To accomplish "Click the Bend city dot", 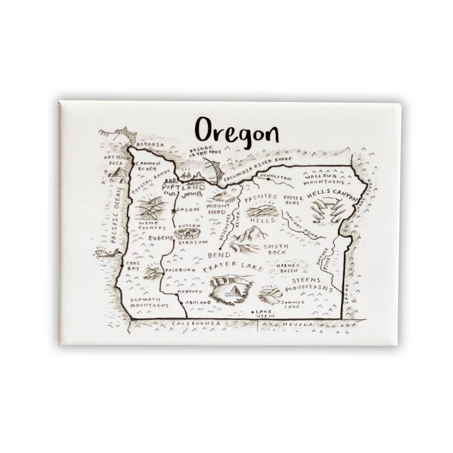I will [220, 249].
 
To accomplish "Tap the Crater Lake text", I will [233, 269].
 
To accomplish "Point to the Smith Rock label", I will [275, 250].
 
